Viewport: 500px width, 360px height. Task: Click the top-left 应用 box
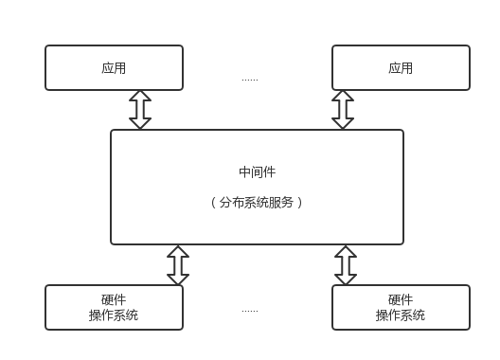[114, 68]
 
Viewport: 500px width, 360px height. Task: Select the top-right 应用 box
[401, 68]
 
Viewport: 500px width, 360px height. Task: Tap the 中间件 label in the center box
[258, 171]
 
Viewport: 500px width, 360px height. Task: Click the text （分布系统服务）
[258, 203]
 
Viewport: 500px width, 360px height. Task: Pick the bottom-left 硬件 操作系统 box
[114, 307]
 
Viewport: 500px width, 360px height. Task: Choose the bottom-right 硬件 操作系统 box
[401, 307]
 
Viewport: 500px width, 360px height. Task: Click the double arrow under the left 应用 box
[140, 109]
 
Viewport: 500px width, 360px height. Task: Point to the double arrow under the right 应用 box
[343, 109]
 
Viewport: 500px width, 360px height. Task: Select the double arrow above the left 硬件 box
[178, 264]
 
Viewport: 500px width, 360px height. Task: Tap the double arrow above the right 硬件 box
[346, 264]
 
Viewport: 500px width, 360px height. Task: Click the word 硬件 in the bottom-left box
[114, 299]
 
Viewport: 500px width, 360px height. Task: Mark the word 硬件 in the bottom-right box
[401, 299]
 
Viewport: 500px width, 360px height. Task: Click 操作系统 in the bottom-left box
[114, 315]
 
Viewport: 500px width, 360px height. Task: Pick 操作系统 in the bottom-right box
[401, 315]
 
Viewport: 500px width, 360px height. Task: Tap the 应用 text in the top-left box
[114, 68]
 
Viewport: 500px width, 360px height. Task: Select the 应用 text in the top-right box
[401, 68]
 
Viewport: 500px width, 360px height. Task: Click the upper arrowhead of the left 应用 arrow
[140, 96]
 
